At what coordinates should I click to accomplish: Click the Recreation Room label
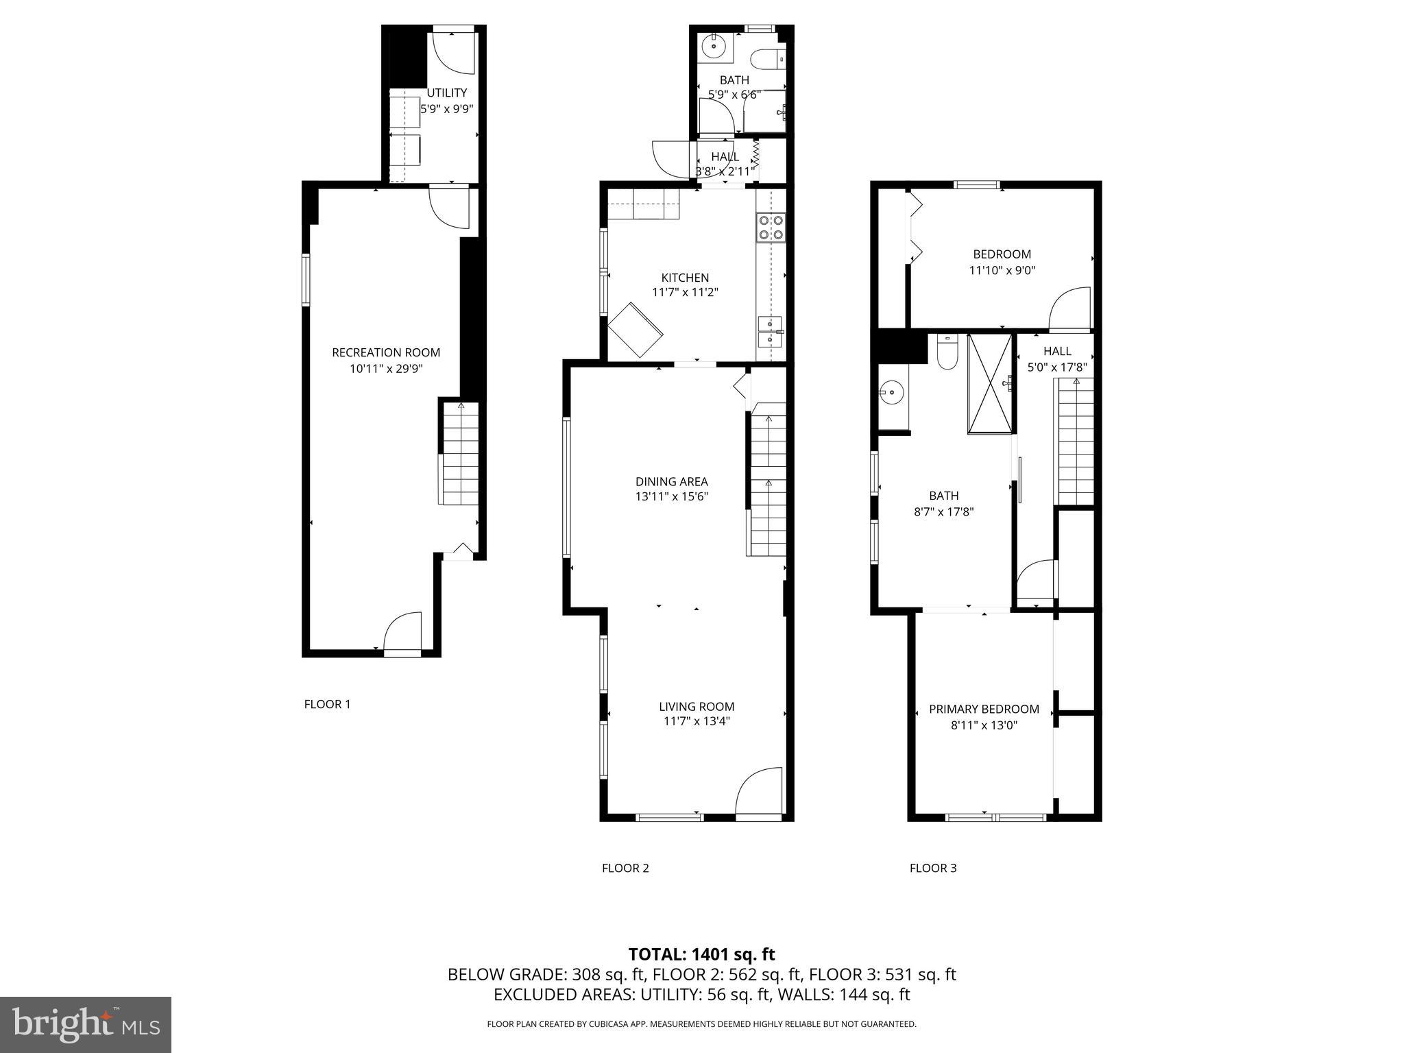(386, 352)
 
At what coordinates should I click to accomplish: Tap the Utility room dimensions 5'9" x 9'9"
(447, 108)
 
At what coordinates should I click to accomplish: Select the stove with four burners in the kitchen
(771, 228)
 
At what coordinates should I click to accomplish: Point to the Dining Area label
(671, 481)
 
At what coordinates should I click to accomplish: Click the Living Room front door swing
(760, 792)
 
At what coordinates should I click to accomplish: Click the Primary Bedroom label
(984, 709)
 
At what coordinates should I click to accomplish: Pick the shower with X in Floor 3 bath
(990, 384)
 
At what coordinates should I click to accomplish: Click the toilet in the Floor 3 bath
(947, 352)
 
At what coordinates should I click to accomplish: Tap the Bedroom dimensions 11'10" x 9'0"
(1002, 270)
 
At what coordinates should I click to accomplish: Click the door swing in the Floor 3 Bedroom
(1069, 308)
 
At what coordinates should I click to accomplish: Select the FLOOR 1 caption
(327, 704)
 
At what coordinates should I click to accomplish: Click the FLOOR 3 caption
(932, 868)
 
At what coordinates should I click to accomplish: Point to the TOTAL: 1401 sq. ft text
(701, 954)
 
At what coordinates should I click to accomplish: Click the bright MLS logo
(85, 1024)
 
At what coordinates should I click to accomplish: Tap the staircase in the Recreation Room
(460, 452)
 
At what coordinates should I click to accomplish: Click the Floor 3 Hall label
(1057, 351)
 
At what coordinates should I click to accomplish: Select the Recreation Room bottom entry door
(402, 634)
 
